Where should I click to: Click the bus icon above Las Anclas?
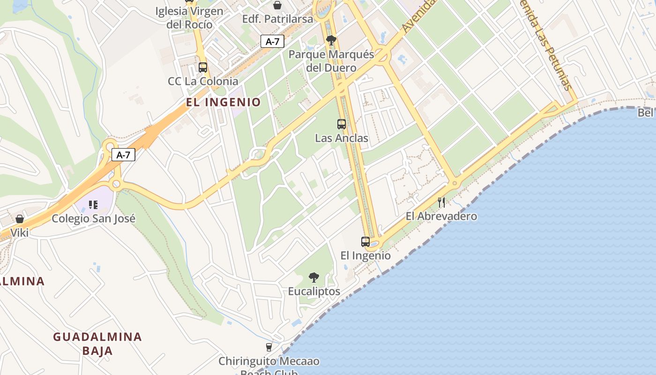(342, 124)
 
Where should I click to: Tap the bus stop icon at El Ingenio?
(365, 242)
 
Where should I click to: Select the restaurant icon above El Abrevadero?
(441, 202)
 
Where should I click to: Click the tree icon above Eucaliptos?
(314, 277)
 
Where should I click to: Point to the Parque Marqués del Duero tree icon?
(331, 40)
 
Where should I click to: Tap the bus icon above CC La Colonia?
(203, 67)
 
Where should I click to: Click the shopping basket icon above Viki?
(20, 219)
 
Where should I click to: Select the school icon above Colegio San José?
(93, 204)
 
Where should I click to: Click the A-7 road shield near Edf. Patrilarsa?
(272, 41)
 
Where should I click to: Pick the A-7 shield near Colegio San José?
(123, 155)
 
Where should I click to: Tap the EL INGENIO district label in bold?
(223, 102)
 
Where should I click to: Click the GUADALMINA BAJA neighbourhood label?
(97, 344)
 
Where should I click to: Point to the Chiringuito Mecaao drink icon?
(268, 347)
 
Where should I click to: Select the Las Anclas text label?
(342, 138)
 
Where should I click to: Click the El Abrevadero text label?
(441, 216)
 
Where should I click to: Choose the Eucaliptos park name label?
(314, 291)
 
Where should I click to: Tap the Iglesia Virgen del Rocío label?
(190, 17)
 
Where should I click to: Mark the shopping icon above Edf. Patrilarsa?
(277, 5)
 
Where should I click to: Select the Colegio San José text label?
(93, 218)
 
